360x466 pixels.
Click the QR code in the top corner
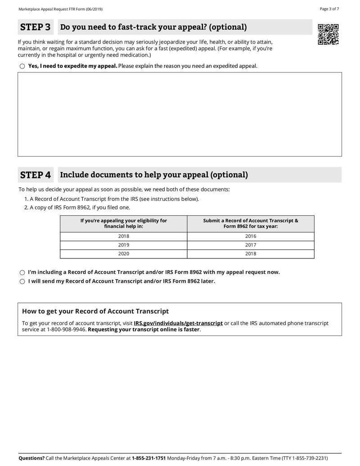[328, 34]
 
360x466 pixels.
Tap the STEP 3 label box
[36, 27]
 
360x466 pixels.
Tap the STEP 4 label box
[36, 175]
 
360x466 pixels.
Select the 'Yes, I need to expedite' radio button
[22, 66]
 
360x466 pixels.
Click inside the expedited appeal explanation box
[180, 114]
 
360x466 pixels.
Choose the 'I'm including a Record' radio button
[22, 272]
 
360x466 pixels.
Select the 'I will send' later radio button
[22, 281]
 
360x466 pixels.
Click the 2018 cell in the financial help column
[123, 236]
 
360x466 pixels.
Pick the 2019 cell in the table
[123, 245]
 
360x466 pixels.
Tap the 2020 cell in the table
[123, 254]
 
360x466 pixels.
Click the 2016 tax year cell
[251, 236]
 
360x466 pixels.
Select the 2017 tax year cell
[251, 245]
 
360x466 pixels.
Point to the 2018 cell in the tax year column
[251, 254]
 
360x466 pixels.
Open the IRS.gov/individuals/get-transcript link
[178, 323]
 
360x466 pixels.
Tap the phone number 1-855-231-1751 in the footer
[148, 458]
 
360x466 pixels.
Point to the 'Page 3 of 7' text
[329, 9]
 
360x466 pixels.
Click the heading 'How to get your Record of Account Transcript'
[95, 311]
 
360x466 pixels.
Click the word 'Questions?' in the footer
[31, 458]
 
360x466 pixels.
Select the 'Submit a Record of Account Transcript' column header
[251, 223]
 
